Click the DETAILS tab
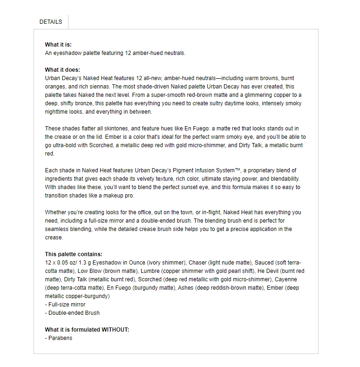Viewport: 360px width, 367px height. point(51,22)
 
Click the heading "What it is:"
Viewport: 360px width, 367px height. point(58,45)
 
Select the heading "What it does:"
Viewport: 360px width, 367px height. point(62,70)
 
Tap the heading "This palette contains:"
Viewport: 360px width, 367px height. point(74,254)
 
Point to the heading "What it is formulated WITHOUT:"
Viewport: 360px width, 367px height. point(87,330)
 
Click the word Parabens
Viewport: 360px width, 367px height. point(60,338)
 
